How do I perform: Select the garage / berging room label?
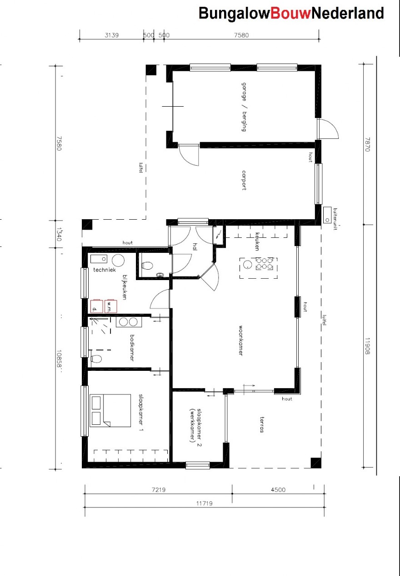click(x=244, y=107)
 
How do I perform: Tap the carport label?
click(x=244, y=180)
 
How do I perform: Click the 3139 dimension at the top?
click(x=111, y=35)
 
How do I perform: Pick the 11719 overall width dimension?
click(x=204, y=503)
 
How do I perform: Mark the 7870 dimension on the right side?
click(x=367, y=145)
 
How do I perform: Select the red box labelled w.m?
click(x=110, y=306)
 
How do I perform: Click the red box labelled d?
click(x=96, y=306)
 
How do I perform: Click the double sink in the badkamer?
click(x=128, y=322)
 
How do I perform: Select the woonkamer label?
click(x=240, y=340)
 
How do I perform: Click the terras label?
click(x=261, y=424)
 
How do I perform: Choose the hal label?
click(x=195, y=247)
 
